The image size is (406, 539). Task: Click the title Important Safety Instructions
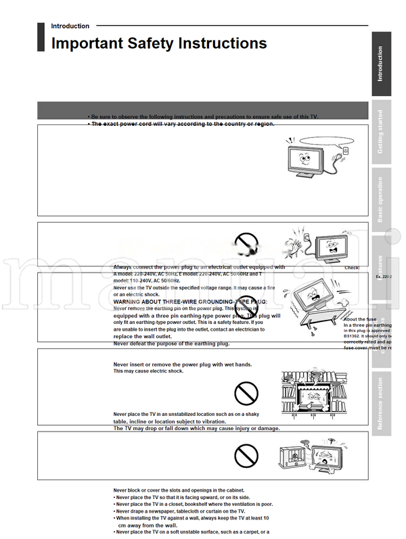coord(159,44)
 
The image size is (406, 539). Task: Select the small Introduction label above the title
coord(70,26)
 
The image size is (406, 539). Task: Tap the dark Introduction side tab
coord(380,64)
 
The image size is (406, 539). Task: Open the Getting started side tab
coord(380,131)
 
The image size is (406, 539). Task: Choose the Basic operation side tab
coord(380,199)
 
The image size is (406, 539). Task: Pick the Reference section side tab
coord(380,403)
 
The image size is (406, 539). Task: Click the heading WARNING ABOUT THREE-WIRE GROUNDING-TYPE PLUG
coord(190,301)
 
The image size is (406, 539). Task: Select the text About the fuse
coord(361,319)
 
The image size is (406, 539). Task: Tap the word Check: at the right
coord(352,268)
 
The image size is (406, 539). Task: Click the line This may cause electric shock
coord(148,371)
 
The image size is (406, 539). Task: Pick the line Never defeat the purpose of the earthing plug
coord(171,344)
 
